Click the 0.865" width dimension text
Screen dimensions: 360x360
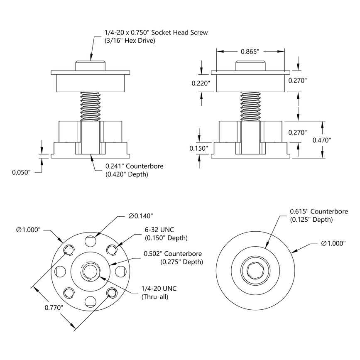tap(250, 52)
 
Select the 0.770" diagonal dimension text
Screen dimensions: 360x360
tap(54, 307)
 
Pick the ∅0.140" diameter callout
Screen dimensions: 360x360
tap(141, 216)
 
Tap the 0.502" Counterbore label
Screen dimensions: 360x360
tap(173, 253)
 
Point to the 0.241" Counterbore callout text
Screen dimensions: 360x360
tap(134, 166)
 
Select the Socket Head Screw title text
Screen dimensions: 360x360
tap(155, 32)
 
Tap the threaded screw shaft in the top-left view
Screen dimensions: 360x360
tap(91, 106)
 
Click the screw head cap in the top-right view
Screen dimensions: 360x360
tap(250, 66)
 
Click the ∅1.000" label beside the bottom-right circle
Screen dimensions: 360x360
tap(333, 244)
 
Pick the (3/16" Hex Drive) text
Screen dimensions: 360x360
tap(129, 41)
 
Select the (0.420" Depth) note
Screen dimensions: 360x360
tap(127, 174)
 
